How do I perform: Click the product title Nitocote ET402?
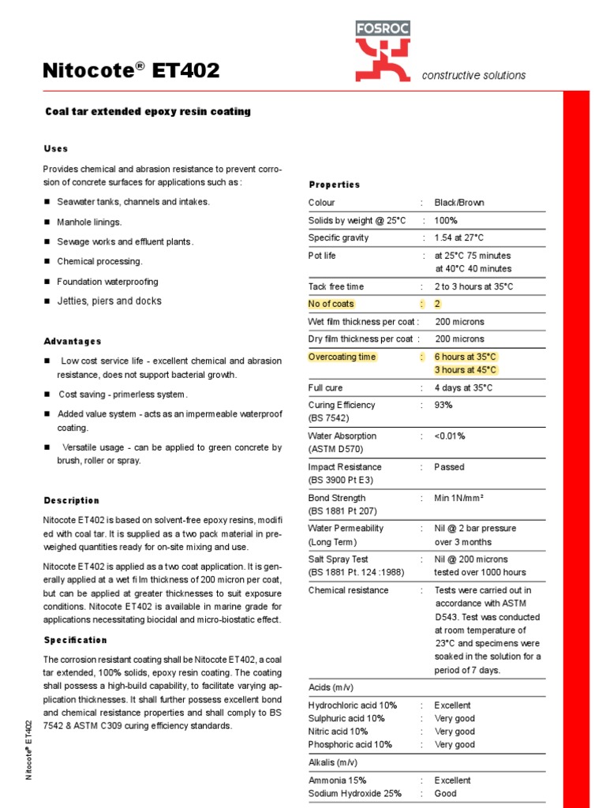[131, 72]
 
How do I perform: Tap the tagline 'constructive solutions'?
[473, 76]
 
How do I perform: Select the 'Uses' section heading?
[55, 148]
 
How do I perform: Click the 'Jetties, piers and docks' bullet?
[109, 301]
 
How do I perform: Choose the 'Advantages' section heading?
[73, 342]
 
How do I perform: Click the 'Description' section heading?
[72, 500]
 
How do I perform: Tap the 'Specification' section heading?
[76, 640]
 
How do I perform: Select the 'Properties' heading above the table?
[334, 185]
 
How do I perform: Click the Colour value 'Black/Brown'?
[459, 203]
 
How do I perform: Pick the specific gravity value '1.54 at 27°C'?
[459, 238]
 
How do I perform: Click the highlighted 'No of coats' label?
[331, 304]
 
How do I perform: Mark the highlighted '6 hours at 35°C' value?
[466, 357]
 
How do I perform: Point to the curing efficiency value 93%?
[443, 405]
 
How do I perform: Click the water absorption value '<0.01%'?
[450, 436]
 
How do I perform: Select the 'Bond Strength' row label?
[336, 498]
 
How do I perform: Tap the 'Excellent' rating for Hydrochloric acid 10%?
[452, 705]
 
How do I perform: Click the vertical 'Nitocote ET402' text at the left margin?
[28, 750]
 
